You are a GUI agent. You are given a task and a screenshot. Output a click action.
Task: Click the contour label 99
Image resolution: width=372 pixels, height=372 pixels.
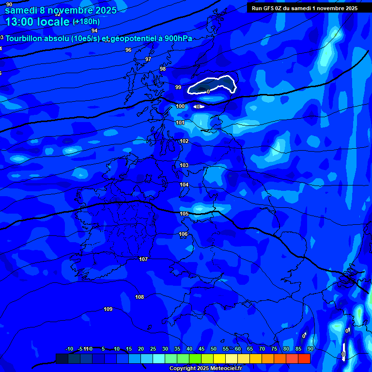178,88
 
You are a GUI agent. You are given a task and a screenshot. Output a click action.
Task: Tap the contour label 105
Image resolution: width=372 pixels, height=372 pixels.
184,214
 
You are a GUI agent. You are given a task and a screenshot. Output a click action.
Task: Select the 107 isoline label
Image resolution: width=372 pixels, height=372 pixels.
143,260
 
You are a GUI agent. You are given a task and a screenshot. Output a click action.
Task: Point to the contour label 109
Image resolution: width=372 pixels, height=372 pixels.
108,309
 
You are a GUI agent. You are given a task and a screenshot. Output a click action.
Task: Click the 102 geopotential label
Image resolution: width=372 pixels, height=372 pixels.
184,141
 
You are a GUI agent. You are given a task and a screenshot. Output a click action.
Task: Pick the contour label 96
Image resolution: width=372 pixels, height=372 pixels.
128,50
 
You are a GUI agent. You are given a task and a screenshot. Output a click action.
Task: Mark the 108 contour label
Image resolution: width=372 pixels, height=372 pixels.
139,297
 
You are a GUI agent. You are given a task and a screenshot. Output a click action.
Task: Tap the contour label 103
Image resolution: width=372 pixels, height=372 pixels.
184,166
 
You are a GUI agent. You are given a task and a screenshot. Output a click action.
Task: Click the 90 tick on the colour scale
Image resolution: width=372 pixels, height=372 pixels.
310,349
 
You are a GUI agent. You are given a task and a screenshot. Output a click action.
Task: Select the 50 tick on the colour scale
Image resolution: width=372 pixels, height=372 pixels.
214,349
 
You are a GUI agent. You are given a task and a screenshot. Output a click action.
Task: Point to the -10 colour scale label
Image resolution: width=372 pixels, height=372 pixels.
69,349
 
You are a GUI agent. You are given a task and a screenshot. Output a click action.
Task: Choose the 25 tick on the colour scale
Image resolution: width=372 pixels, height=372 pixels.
153,349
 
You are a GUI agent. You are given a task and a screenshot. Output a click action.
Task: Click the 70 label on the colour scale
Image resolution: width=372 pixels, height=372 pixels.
262,349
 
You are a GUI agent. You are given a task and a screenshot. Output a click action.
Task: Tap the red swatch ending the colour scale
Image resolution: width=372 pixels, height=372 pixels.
304,358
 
